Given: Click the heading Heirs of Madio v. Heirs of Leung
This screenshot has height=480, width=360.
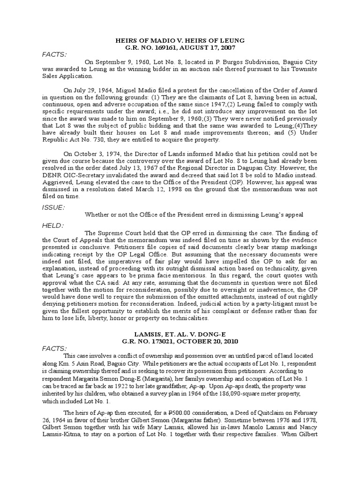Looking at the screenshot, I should coord(180,41).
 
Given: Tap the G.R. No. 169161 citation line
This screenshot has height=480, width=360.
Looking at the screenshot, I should coord(180,47).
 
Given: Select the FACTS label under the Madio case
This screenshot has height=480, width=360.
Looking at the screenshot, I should coord(54,54).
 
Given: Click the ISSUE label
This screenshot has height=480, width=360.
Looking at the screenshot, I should coord(53,207).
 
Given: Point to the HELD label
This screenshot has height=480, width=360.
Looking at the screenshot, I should coord(52,225).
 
